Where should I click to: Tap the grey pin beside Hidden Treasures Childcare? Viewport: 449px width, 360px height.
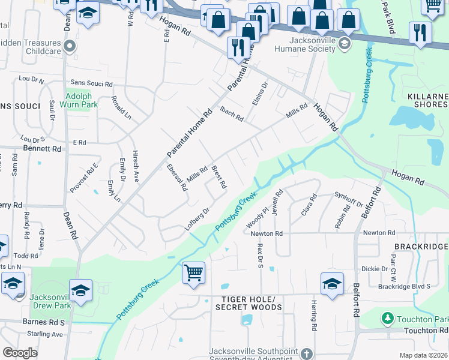pyautogui.click(x=70, y=46)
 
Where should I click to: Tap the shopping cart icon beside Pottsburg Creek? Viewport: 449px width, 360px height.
pyautogui.click(x=193, y=273)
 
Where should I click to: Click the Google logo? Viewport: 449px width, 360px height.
pyautogui.click(x=20, y=353)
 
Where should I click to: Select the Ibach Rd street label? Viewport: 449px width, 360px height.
pyautogui.click(x=231, y=113)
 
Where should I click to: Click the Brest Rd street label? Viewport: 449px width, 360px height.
pyautogui.click(x=218, y=177)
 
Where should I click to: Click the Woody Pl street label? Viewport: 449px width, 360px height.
pyautogui.click(x=259, y=217)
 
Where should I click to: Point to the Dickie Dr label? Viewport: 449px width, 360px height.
pyautogui.click(x=375, y=269)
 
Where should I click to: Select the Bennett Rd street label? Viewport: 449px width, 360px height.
pyautogui.click(x=42, y=148)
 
